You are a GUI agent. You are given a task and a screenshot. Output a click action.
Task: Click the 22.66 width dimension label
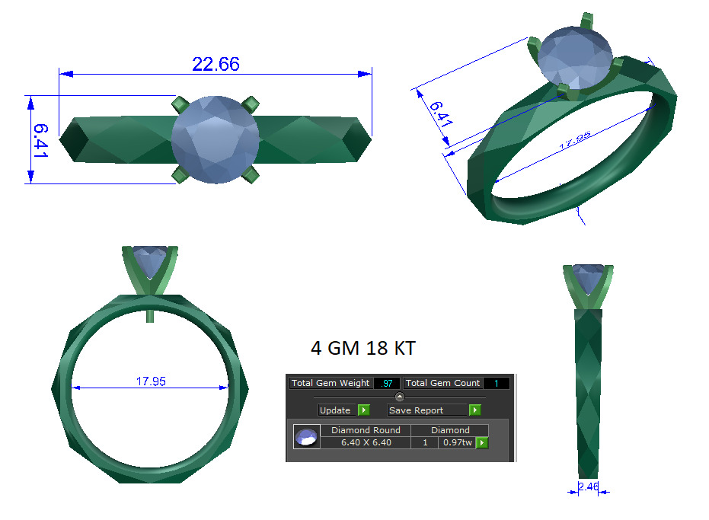(216, 65)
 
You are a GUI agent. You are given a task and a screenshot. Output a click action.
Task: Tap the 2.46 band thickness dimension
(588, 487)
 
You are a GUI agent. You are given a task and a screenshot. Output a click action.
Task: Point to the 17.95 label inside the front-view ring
(151, 381)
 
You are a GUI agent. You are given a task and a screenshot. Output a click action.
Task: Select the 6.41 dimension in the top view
(41, 139)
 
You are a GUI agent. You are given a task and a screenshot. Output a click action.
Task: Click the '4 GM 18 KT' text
(363, 348)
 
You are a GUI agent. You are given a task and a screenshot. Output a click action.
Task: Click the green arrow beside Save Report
(475, 410)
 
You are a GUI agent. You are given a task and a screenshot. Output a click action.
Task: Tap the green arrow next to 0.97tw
(481, 442)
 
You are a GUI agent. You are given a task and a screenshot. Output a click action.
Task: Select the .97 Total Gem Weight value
(387, 383)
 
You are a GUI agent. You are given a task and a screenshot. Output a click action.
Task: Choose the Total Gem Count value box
(496, 383)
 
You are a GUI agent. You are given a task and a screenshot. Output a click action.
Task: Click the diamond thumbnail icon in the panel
(306, 437)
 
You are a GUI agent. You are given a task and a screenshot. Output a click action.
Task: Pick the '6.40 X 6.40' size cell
(366, 442)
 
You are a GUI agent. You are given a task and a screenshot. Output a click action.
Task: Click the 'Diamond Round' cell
(366, 430)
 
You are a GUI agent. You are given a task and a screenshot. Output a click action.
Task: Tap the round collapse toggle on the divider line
(400, 397)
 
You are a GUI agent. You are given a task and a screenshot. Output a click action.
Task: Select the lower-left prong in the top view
(180, 177)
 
